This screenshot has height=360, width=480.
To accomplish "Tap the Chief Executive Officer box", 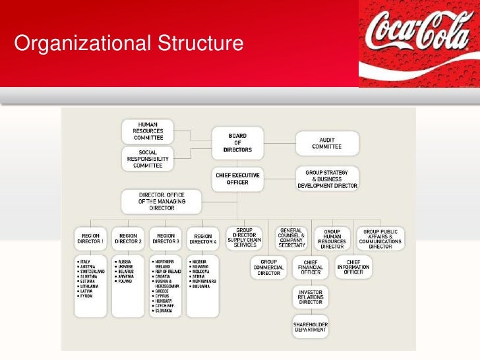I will coord(237,178).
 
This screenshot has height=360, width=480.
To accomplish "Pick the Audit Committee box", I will coord(327,143).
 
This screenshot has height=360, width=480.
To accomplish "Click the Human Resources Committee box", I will coord(148,131).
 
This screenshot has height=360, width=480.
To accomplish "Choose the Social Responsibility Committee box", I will coord(148,159).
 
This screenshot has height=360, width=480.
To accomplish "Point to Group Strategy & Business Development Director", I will coord(327,179).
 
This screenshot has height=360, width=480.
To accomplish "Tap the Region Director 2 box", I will coord(129,238).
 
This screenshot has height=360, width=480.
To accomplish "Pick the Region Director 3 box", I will coord(166,238).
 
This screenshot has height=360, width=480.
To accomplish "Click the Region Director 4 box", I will coord(203,238).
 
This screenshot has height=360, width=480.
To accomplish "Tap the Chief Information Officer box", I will coord(353,267).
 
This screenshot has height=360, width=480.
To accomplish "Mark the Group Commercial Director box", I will coord(269,267).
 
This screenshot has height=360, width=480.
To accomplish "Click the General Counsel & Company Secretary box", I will coord(290,238).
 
